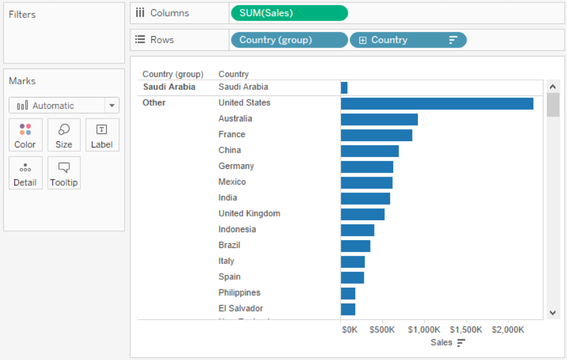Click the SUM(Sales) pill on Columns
pyautogui.click(x=289, y=13)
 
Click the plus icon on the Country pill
pyautogui.click(x=362, y=41)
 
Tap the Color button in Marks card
pyautogui.click(x=25, y=135)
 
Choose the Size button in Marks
pyautogui.click(x=64, y=135)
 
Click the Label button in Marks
pyautogui.click(x=102, y=135)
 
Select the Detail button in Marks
pyautogui.click(x=25, y=173)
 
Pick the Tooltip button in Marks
pyautogui.click(x=64, y=173)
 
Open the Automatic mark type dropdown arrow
pyautogui.click(x=111, y=106)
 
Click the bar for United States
pyautogui.click(x=437, y=103)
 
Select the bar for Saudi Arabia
pyautogui.click(x=344, y=88)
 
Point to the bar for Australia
pyautogui.click(x=379, y=119)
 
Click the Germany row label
pyautogui.click(x=236, y=166)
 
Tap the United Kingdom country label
pyautogui.click(x=249, y=214)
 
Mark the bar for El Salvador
pyautogui.click(x=348, y=309)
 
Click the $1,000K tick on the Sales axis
pyautogui.click(x=425, y=330)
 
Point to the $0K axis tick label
pyautogui.click(x=350, y=330)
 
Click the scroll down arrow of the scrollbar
pyautogui.click(x=553, y=313)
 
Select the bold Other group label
pyautogui.click(x=154, y=103)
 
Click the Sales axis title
pyautogui.click(x=441, y=343)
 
